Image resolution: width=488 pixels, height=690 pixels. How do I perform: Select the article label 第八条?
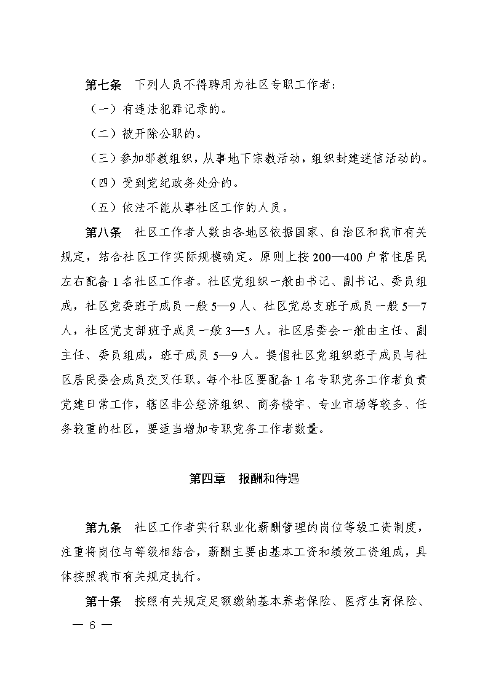pos(103,233)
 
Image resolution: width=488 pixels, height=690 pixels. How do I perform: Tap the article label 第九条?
pos(103,528)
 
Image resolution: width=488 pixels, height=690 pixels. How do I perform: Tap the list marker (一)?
pos(100,109)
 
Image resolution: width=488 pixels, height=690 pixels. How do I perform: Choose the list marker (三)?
pos(100,158)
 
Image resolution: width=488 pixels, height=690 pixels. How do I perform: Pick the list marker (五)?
pos(100,207)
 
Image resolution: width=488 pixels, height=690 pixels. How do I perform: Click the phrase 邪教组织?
pos(169,158)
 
